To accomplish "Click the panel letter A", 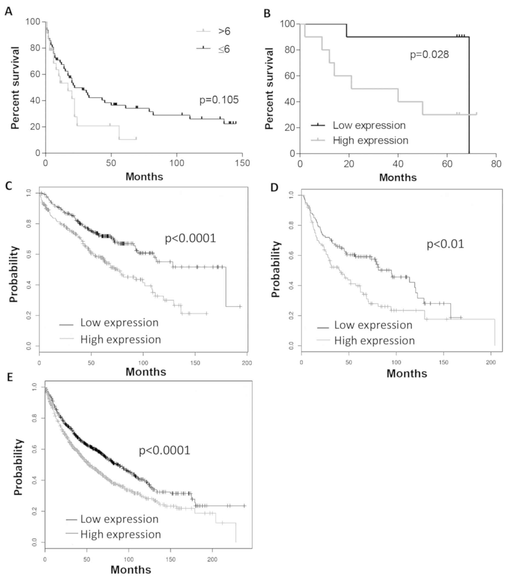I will tap(8, 12).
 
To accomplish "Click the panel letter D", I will tap(274, 187).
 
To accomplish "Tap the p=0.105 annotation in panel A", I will tap(219, 100).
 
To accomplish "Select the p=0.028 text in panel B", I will tap(429, 54).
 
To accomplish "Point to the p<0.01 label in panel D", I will tap(445, 244).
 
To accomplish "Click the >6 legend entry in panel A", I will tap(224, 31).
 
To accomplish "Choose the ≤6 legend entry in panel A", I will tap(224, 49).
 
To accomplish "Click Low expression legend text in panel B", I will tap(369, 125).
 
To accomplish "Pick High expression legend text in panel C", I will tap(121, 339).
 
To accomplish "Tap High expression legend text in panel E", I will tap(121, 534).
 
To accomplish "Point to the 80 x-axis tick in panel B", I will tap(496, 164).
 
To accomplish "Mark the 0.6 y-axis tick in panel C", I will tap(29, 255).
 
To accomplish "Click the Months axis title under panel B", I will tap(398, 178).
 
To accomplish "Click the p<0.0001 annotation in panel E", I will tap(164, 450).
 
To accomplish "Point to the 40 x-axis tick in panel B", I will tap(398, 164).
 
